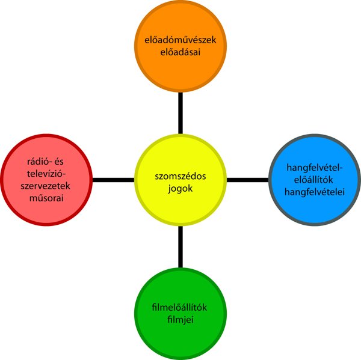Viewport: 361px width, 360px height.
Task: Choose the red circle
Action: coord(46,179)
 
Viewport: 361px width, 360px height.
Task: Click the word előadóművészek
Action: coord(180,40)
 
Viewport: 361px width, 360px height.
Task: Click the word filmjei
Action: coord(180,320)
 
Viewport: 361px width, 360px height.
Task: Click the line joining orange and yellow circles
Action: coord(180,113)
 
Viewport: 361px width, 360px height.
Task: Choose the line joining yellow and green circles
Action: coord(180,246)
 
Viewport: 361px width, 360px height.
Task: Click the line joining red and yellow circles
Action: coord(113,179)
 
